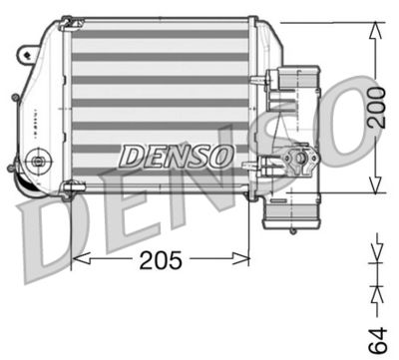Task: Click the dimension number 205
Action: tap(161, 260)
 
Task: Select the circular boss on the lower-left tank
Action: tap(39, 159)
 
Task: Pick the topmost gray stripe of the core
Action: tap(160, 34)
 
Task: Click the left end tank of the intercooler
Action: tap(40, 100)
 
